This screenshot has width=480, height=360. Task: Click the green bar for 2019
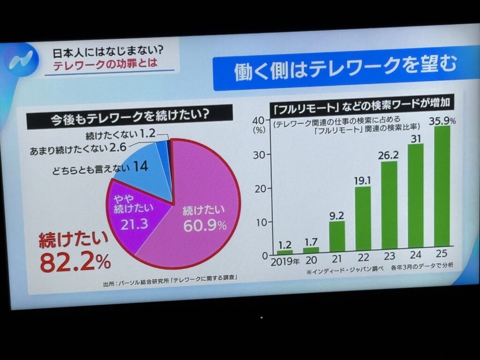tap(285, 252)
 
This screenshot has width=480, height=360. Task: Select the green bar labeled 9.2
tap(337, 237)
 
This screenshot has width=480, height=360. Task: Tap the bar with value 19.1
tap(363, 218)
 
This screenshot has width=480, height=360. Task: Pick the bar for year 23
tap(389, 204)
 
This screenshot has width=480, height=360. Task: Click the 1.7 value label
tap(311, 241)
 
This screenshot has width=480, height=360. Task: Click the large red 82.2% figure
tap(75, 262)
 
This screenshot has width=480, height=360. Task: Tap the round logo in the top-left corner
tap(21, 58)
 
